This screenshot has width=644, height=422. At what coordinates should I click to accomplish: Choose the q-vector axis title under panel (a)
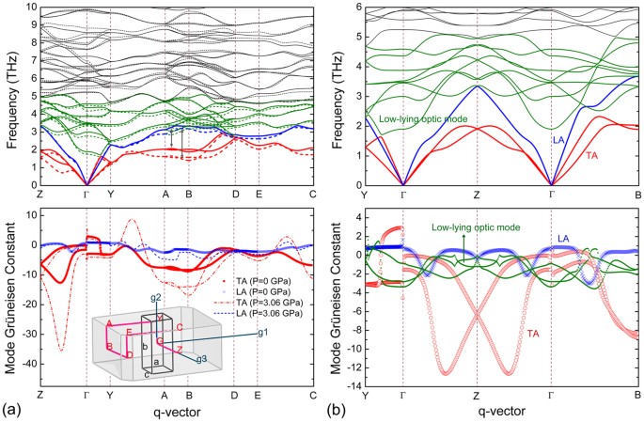point(175,411)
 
